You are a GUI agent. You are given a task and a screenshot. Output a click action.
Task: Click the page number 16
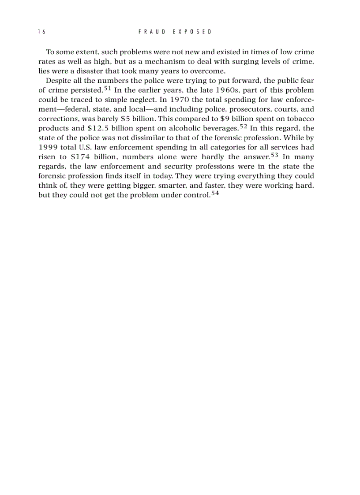tap(42, 32)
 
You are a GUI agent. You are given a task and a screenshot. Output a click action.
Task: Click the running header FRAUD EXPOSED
tap(175, 32)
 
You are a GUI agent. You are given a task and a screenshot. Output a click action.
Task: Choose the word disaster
tap(88, 71)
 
